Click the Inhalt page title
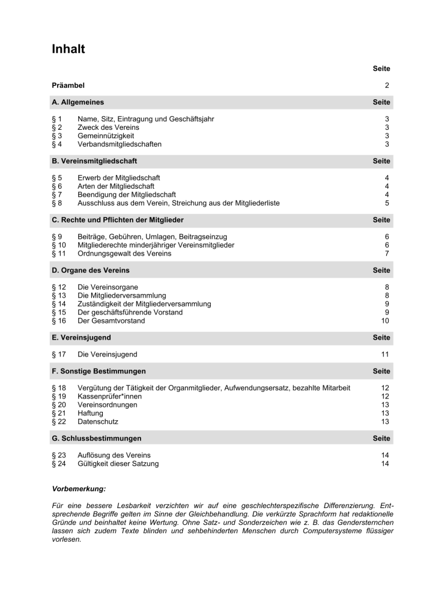68,49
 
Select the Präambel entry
68,86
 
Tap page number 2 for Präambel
388,86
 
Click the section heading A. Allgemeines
78,103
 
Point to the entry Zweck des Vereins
108,127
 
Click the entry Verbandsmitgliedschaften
120,144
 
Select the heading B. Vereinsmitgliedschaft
94,161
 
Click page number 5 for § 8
388,203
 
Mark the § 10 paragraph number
59,245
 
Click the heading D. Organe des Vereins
91,271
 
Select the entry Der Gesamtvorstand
111,321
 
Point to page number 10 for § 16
386,321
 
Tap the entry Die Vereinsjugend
108,355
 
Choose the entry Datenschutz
97,422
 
